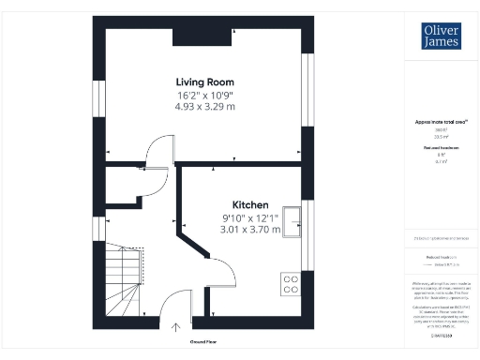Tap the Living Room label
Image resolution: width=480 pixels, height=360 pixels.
pos(203,82)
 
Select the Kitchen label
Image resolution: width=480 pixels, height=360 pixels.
pos(250,204)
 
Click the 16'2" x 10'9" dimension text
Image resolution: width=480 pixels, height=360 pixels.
pos(203,95)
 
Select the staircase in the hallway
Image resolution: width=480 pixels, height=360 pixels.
pos(122,280)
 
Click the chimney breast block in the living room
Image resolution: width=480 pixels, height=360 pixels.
pos(201,36)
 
